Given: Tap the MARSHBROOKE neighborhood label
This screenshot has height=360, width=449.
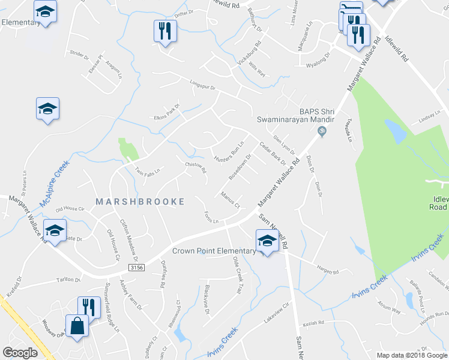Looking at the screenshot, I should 140,202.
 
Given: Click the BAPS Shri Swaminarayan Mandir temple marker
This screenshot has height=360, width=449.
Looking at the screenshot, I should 322,131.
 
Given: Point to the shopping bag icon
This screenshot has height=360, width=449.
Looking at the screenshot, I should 78,328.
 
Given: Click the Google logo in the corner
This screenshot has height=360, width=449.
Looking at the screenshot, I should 20,353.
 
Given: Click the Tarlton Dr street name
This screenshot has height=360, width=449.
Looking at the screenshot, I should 68,280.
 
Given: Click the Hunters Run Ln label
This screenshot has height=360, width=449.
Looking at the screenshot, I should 229,152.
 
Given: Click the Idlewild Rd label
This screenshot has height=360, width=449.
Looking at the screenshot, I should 397,51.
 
